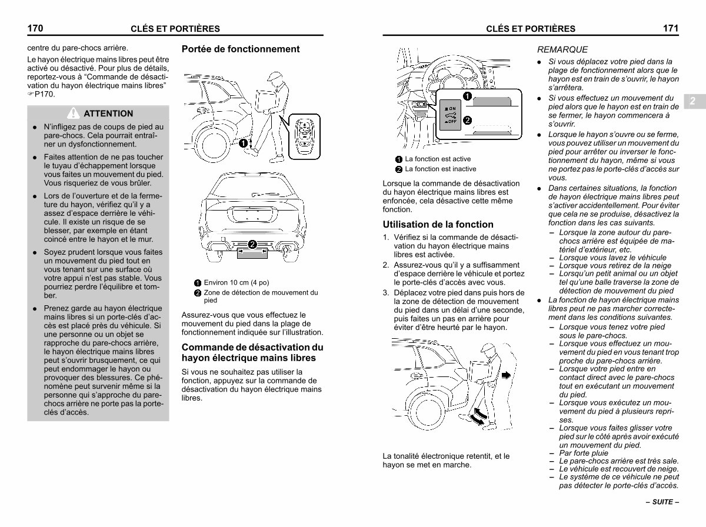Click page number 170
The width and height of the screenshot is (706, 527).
point(36,28)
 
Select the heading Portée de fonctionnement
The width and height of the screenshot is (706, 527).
point(241,49)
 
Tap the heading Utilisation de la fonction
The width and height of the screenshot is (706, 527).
point(438,224)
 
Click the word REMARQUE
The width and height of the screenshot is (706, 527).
point(562,50)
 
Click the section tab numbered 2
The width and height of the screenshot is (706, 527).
point(692,101)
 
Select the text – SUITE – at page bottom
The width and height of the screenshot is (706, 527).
point(662,503)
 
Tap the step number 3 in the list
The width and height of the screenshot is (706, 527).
point(386,292)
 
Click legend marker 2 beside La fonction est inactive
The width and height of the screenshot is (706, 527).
point(398,169)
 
